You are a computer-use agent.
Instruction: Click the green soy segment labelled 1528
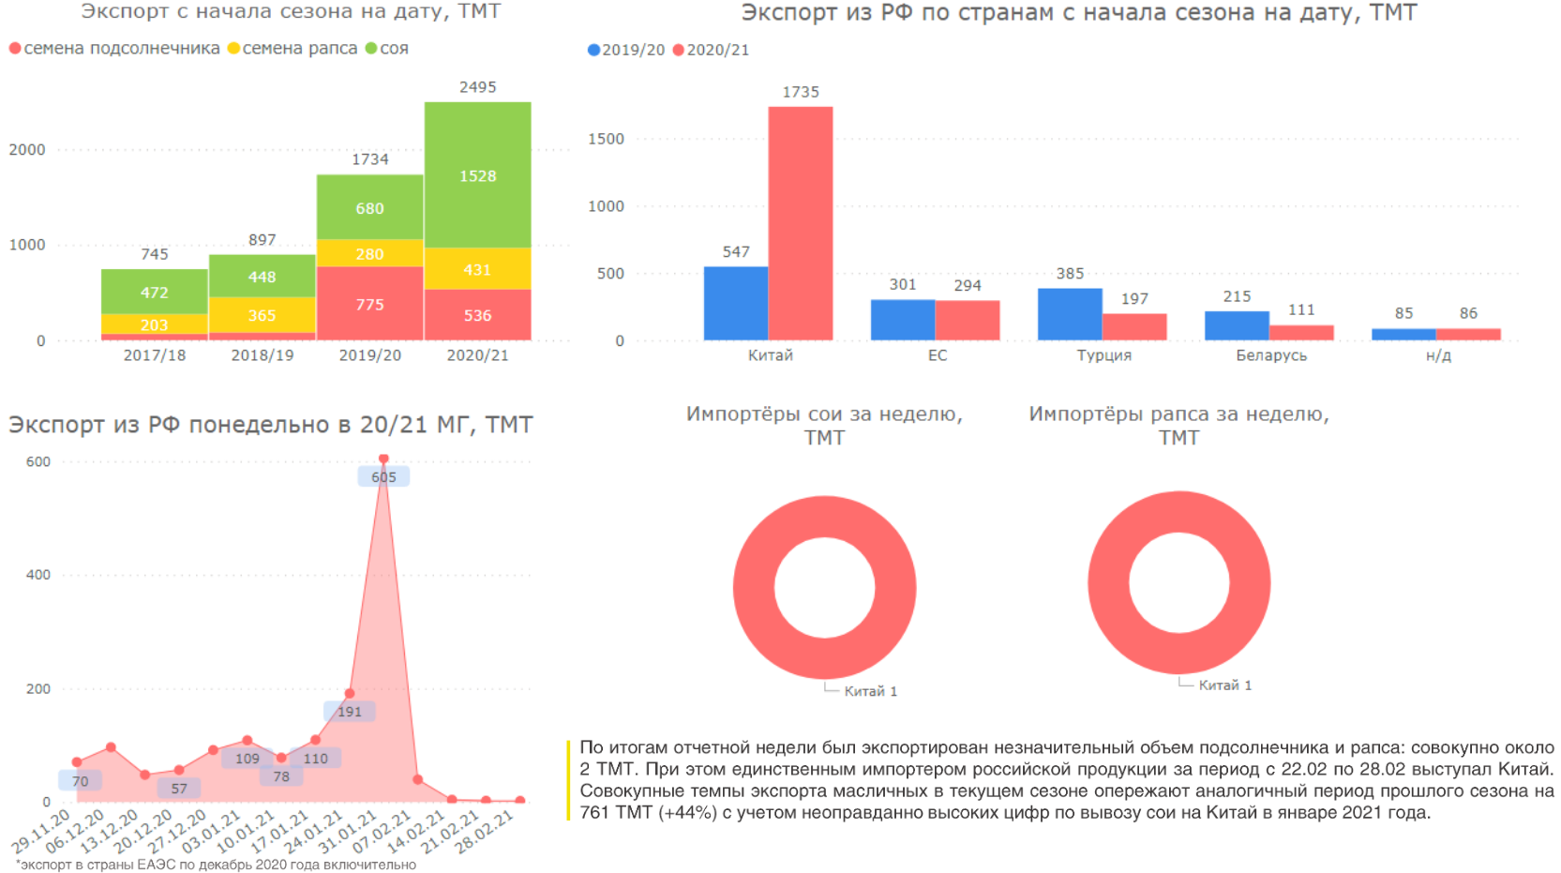[477, 175]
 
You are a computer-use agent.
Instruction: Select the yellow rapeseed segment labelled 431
[477, 269]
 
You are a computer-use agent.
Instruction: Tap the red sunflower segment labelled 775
[369, 304]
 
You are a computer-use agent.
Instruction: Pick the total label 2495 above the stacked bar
[477, 87]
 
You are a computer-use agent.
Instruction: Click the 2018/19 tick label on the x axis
[263, 355]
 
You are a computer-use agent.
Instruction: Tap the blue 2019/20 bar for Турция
[1070, 314]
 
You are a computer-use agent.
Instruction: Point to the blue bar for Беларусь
[1237, 325]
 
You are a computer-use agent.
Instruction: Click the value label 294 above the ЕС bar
[968, 286]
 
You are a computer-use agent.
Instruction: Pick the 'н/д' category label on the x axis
[1437, 356]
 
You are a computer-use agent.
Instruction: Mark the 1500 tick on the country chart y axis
[606, 139]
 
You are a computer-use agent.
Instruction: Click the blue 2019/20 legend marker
[593, 51]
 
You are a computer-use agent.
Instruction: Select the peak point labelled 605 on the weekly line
[383, 459]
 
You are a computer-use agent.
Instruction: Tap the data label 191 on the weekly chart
[350, 712]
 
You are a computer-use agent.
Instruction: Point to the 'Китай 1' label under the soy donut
[870, 692]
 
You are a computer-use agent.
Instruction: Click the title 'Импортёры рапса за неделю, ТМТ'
[1178, 426]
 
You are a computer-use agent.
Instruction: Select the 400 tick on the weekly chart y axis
[38, 575]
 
